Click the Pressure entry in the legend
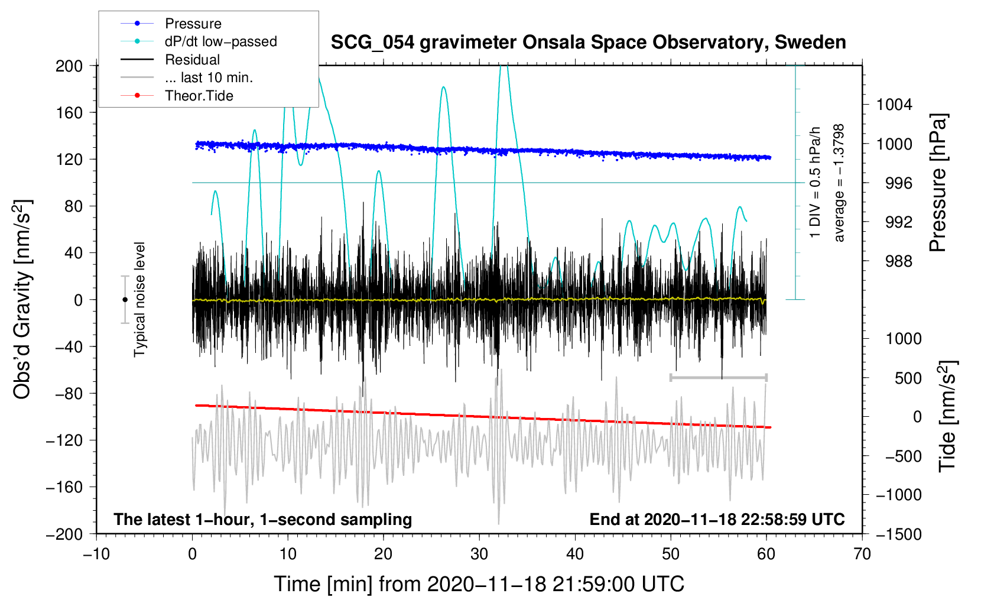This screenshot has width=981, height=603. pyautogui.click(x=193, y=24)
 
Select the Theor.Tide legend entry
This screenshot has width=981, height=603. pyautogui.click(x=199, y=96)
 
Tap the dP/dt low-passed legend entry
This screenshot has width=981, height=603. pyautogui.click(x=220, y=41)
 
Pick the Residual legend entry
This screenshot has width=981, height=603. pyautogui.click(x=192, y=60)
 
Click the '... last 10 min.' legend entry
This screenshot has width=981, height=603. pyautogui.click(x=209, y=77)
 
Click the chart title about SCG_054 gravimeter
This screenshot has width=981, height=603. pyautogui.click(x=588, y=43)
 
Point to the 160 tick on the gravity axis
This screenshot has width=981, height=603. pyautogui.click(x=69, y=112)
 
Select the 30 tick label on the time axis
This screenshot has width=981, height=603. pyautogui.click(x=479, y=554)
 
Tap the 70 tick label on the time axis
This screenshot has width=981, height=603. pyautogui.click(x=862, y=554)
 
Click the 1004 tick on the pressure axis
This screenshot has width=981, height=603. pyautogui.click(x=894, y=105)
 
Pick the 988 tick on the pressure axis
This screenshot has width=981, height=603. pyautogui.click(x=898, y=261)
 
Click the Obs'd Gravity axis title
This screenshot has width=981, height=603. pyautogui.click(x=22, y=299)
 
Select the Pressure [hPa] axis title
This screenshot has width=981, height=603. pyautogui.click(x=938, y=183)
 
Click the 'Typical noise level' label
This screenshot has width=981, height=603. pyautogui.click(x=139, y=299)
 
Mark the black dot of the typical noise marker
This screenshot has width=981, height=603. pyautogui.click(x=125, y=300)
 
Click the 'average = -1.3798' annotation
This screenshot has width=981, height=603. pyautogui.click(x=839, y=183)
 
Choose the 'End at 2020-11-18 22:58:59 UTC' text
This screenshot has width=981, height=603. pyautogui.click(x=717, y=520)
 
